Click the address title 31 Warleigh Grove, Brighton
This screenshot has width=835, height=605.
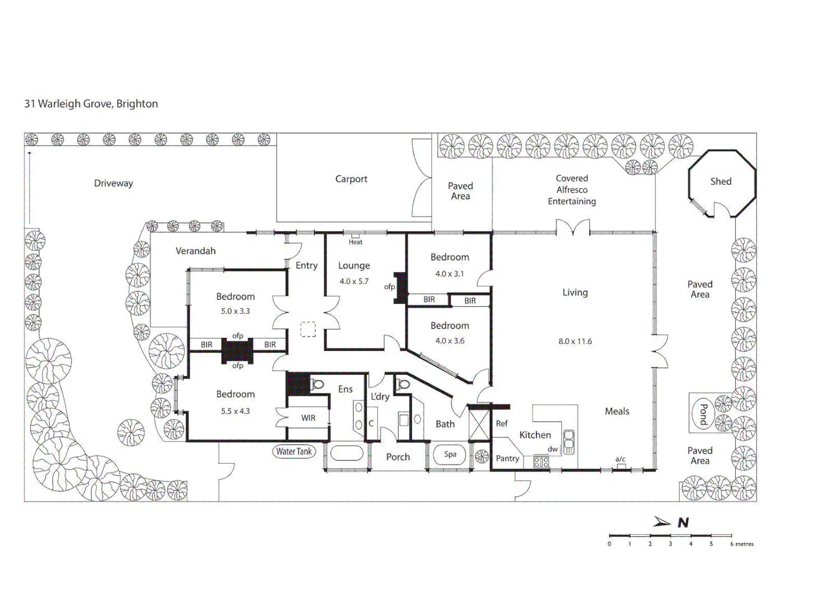91,104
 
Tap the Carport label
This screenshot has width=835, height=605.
351,179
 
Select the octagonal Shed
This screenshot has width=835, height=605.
721,182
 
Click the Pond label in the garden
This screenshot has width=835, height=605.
703,415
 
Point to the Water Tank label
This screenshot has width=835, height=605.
293,452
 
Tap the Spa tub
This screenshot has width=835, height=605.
450,454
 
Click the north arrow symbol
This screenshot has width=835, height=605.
663,522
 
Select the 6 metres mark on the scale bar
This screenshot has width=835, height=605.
741,544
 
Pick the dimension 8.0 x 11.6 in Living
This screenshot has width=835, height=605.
575,341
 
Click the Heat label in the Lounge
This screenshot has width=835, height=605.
355,242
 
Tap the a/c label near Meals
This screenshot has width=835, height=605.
620,459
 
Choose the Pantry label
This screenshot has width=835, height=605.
507,458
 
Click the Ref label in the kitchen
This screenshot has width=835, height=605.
502,424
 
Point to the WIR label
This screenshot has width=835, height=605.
308,418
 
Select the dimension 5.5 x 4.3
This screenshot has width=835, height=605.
235,411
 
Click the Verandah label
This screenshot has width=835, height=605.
195,251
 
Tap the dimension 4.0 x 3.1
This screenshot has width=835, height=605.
449,274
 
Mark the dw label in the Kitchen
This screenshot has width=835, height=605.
553,449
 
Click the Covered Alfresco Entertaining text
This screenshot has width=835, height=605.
572,190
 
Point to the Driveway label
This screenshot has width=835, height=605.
113,184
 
